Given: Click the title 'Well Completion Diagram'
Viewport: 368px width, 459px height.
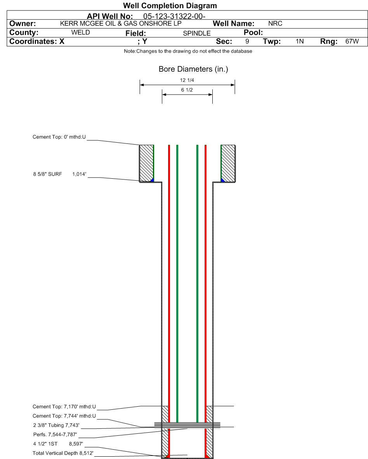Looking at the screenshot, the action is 170,5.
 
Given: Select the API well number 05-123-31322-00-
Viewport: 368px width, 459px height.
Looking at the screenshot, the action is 174,16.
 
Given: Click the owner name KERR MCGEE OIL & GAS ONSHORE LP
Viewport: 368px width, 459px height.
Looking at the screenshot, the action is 121,23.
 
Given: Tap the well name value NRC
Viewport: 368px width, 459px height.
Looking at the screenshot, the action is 275,23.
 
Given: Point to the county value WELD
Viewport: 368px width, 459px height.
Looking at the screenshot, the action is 81,32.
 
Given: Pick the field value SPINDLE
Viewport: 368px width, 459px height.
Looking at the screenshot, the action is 197,33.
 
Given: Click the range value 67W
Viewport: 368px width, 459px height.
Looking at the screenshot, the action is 352,41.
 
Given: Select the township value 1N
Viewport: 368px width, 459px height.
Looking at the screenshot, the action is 300,41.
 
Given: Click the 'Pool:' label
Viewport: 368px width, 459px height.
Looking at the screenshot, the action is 253,32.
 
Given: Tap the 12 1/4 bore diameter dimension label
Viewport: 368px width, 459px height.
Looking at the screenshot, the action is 187,80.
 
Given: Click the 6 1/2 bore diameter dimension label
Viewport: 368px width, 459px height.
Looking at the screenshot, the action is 187,90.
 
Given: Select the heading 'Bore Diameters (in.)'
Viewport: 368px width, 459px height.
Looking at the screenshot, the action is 193,69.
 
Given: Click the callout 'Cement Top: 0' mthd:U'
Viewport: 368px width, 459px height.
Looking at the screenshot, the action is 59,137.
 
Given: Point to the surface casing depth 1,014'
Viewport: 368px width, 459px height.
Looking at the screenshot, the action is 79,174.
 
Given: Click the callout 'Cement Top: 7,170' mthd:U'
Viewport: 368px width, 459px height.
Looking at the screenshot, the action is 64,407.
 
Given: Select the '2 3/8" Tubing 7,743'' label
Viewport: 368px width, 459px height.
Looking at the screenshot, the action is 56,425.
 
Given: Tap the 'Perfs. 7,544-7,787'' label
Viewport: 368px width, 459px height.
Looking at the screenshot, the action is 55,435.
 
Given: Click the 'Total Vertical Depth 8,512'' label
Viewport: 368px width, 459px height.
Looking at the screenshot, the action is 63,453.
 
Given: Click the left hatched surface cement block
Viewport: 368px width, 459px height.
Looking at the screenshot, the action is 146,163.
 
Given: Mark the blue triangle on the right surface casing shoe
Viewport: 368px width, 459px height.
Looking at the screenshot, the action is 222,180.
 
